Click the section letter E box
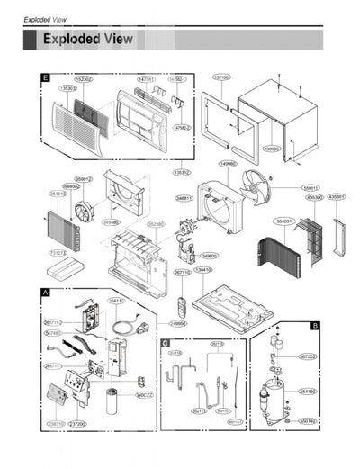pos(44,78)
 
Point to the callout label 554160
pos(308,392)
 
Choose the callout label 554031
pos(286,220)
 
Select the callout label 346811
pos(184,198)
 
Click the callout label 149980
pos(228,164)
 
